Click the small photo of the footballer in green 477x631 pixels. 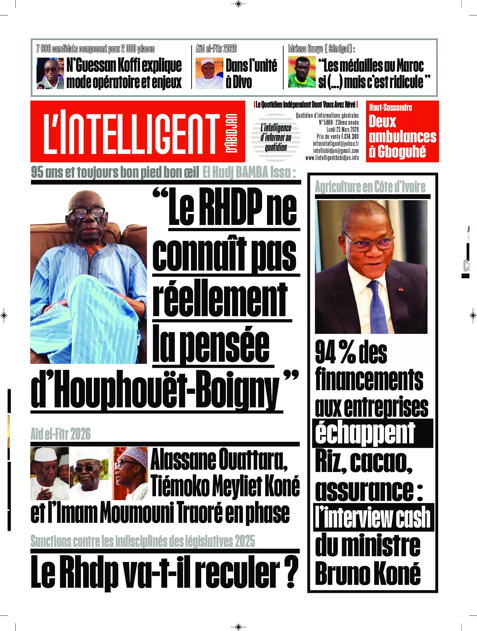302,72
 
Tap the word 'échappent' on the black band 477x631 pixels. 365,433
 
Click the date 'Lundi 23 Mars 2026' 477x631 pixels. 342,130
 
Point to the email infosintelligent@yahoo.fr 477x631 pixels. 336,144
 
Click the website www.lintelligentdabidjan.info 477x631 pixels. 332,158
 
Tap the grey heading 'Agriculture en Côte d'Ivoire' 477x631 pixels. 370,187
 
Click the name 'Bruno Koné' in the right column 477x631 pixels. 368,574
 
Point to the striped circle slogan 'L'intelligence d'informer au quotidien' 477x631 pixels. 275,138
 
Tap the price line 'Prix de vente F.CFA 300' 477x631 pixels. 338,137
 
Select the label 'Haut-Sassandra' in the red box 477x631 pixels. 390,108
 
